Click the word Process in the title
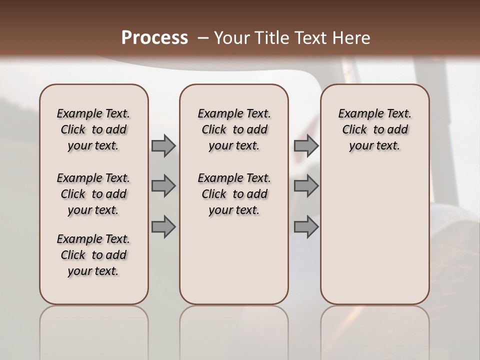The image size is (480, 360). (154, 38)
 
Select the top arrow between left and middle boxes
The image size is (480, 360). (163, 145)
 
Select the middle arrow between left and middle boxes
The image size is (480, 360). (163, 186)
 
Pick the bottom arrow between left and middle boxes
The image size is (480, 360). (163, 226)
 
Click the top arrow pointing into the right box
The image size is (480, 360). (306, 145)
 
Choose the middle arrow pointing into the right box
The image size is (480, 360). (306, 186)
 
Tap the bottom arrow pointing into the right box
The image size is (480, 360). (306, 226)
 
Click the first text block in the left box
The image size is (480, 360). (93, 129)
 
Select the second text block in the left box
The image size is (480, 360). (93, 194)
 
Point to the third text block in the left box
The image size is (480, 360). (93, 255)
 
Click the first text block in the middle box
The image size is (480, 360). (234, 129)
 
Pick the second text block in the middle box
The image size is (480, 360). (234, 194)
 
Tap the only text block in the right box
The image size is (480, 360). (375, 129)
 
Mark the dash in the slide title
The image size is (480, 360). (203, 38)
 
